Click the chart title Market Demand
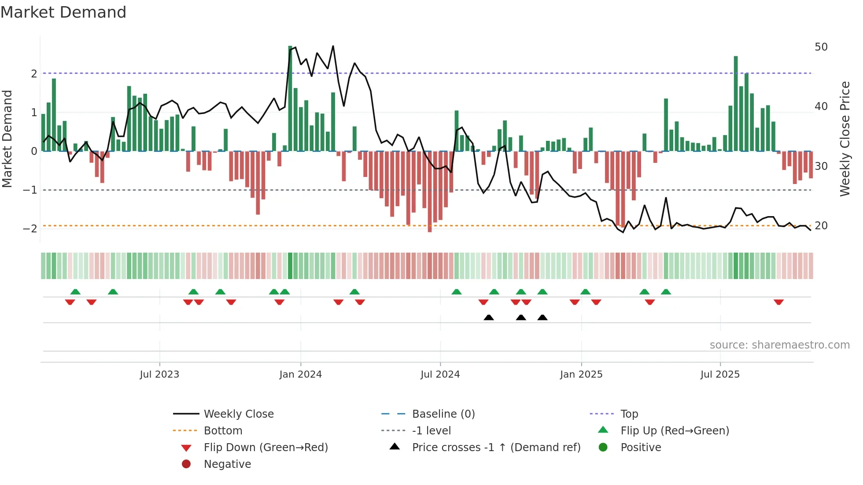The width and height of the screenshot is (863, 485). click(x=63, y=12)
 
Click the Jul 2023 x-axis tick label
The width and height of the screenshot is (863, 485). click(x=159, y=375)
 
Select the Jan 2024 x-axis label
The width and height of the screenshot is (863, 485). click(x=300, y=375)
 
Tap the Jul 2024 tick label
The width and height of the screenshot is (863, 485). click(x=440, y=375)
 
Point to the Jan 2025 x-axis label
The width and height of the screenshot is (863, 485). click(x=581, y=375)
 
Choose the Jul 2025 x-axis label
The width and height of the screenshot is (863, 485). click(x=720, y=375)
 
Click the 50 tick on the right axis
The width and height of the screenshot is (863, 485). click(x=821, y=47)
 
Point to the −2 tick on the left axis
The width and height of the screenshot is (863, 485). click(x=30, y=228)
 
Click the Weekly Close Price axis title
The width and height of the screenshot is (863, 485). click(x=845, y=139)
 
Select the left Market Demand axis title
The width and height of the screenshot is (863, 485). click(x=7, y=139)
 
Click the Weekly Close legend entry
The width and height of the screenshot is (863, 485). click(x=238, y=414)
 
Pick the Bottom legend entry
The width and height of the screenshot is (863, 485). click(x=223, y=431)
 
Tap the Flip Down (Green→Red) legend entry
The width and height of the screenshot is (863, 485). click(x=266, y=448)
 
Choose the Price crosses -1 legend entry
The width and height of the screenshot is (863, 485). click(x=496, y=448)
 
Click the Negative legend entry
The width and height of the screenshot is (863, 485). click(x=227, y=464)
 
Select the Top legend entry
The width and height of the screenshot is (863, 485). click(x=629, y=414)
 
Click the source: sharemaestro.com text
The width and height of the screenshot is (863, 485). click(x=779, y=345)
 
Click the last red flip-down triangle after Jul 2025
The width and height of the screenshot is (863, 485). click(x=778, y=302)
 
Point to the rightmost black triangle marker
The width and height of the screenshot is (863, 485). click(x=542, y=317)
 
